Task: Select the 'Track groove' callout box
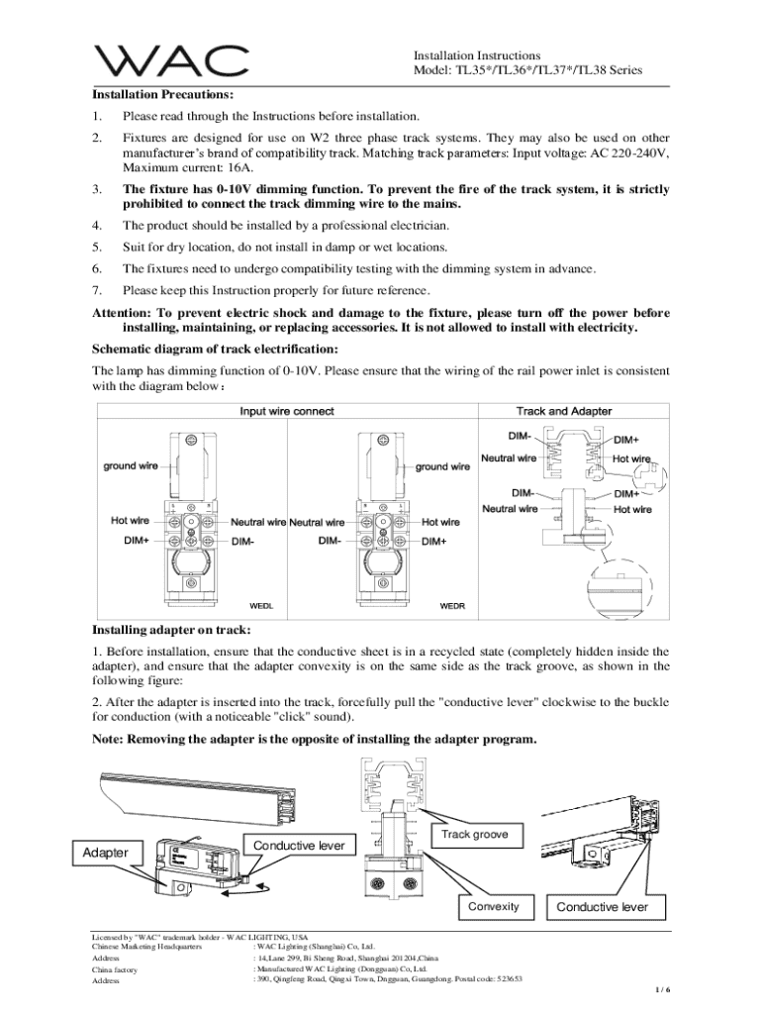click(x=475, y=835)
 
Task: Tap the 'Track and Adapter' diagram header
click(x=564, y=411)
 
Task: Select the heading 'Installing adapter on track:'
click(x=171, y=630)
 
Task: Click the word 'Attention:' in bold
click(x=124, y=312)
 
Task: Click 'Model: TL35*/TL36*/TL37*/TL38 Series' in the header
click(x=527, y=70)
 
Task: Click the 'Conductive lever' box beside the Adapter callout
click(x=299, y=845)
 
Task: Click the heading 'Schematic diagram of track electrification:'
click(x=215, y=349)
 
